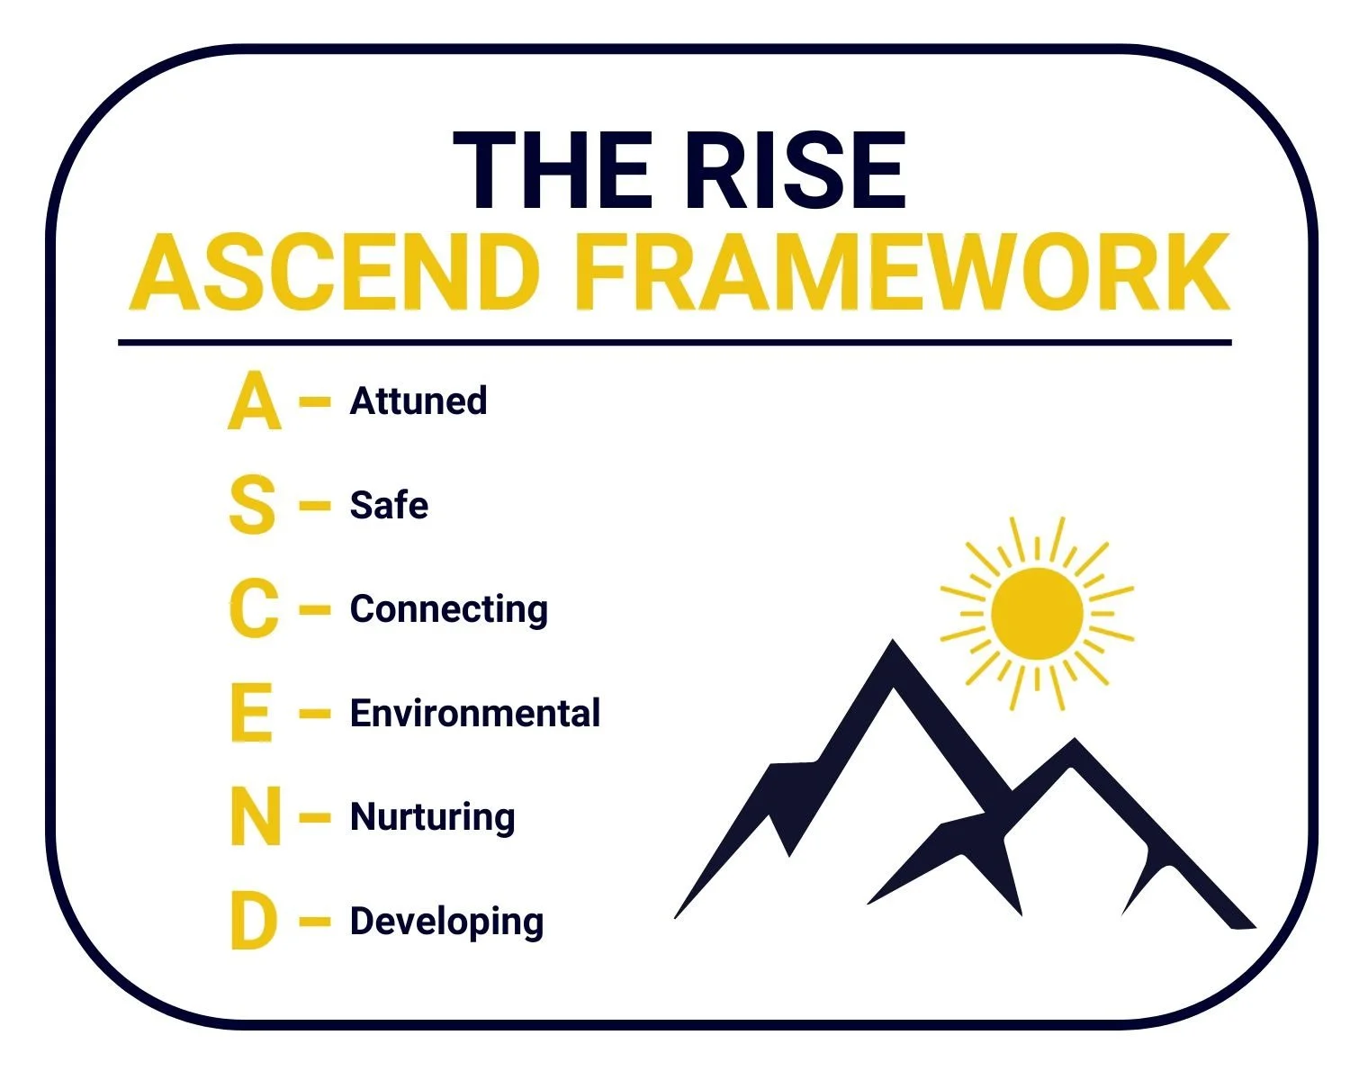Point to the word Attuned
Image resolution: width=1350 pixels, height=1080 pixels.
click(418, 401)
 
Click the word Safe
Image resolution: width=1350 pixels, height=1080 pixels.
click(389, 506)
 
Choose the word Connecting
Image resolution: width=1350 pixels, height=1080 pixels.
click(448, 610)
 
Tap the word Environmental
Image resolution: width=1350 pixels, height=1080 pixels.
click(475, 714)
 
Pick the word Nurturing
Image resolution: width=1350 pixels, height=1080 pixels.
click(432, 818)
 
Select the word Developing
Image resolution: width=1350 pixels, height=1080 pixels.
click(446, 922)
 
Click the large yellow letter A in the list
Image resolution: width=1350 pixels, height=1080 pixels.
click(254, 401)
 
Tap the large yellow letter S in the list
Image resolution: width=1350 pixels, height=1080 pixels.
click(252, 506)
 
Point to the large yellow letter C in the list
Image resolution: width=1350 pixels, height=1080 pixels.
click(254, 610)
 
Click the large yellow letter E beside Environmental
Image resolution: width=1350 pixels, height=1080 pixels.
click(251, 714)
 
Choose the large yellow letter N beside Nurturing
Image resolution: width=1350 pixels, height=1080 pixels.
click(256, 818)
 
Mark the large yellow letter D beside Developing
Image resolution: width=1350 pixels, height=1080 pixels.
click(253, 922)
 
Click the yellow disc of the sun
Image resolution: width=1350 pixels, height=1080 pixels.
click(1037, 613)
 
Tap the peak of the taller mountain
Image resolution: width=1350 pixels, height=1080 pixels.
click(892, 646)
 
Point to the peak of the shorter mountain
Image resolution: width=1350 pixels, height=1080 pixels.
click(1074, 743)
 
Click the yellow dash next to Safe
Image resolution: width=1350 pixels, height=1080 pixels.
click(315, 506)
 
